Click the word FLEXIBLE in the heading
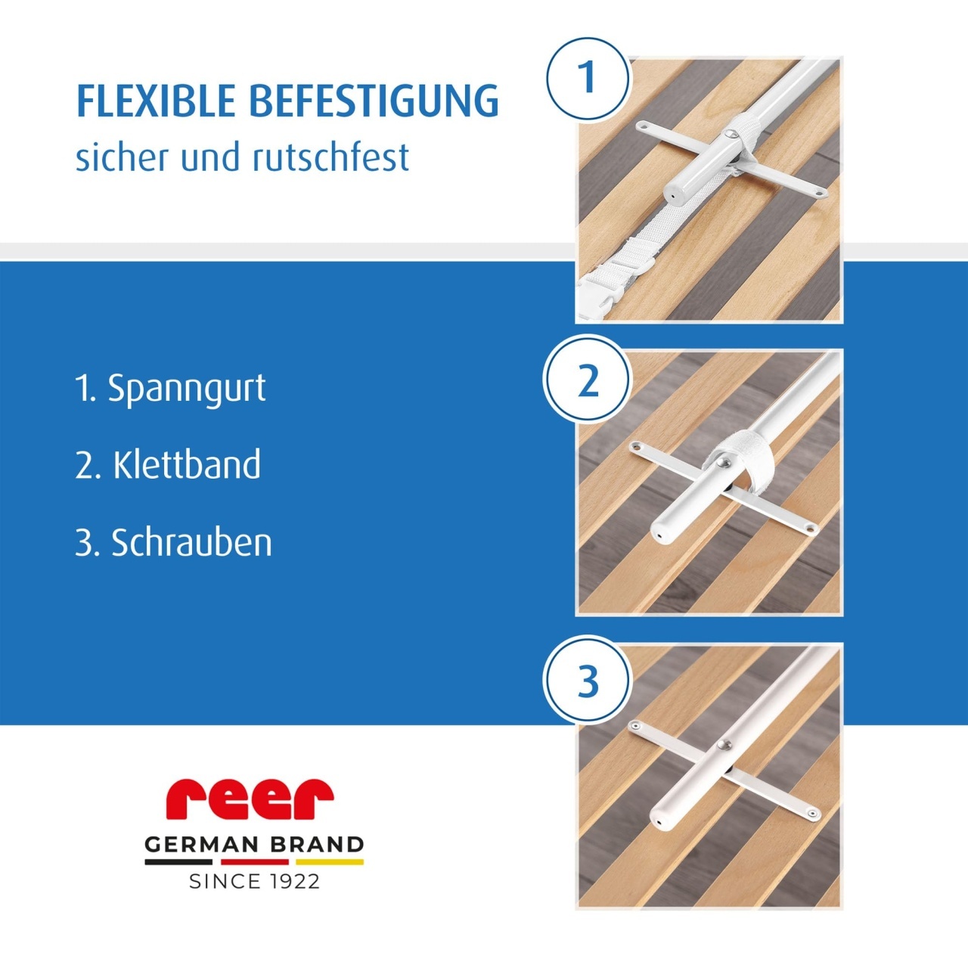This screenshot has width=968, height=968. pos(156,101)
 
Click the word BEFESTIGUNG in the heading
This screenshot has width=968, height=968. pos(374,101)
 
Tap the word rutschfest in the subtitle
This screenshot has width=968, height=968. pos(330,157)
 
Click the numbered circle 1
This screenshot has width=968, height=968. pos(588,79)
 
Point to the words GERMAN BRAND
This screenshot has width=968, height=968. pos(254,845)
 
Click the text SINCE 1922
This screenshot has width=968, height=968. pos(254,882)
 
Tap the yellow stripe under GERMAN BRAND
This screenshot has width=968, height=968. pos(330,862)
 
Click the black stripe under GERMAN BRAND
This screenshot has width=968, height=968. pos(178,862)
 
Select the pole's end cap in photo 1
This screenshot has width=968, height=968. pos(672,194)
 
